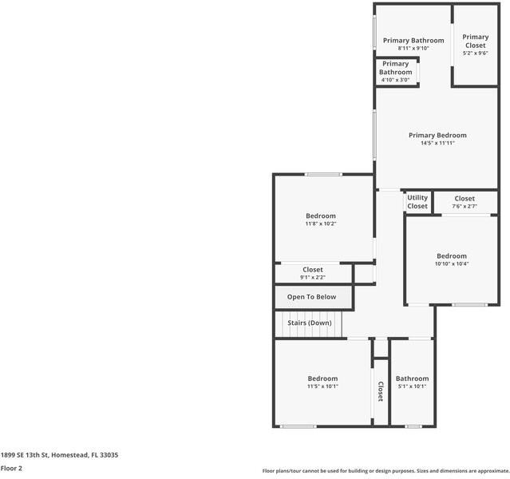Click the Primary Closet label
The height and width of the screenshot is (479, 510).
pos(475,41)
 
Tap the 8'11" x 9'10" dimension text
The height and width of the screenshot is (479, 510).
pos(413,48)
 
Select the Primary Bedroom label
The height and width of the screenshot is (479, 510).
pos(437,135)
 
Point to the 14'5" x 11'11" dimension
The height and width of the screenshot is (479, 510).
pos(437,143)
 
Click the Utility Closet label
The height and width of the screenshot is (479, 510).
pos(417,202)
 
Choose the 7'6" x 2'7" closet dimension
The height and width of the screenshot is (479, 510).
pos(465,206)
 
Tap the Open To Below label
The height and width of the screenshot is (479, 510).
pos(311,297)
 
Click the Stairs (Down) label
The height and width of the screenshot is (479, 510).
pos(310,323)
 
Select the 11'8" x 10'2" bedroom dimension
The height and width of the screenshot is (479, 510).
pos(321,224)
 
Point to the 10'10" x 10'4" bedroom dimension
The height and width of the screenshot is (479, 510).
pos(452,263)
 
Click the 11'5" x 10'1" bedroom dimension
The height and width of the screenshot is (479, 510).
pos(322,386)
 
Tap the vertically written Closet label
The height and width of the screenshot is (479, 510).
pos(381,391)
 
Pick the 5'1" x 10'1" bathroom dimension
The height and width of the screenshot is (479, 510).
pos(412,386)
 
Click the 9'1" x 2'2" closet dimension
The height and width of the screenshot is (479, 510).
pos(313,277)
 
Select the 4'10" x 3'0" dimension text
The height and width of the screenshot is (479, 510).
pos(395,80)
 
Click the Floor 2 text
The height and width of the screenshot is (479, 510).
pos(11,469)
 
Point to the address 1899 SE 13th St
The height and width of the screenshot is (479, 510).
pos(25,455)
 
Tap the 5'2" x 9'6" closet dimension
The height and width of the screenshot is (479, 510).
pos(475,53)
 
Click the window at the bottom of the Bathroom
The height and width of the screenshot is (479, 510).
pos(413,426)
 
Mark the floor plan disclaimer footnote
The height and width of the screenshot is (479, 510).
pos(385,471)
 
